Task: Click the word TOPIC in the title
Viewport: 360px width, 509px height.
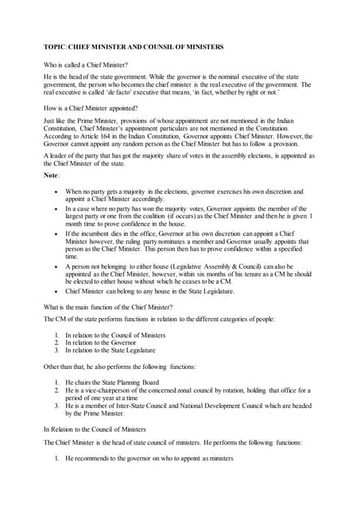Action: pos(55,47)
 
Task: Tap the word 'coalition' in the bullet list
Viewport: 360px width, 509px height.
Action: pos(165,216)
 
